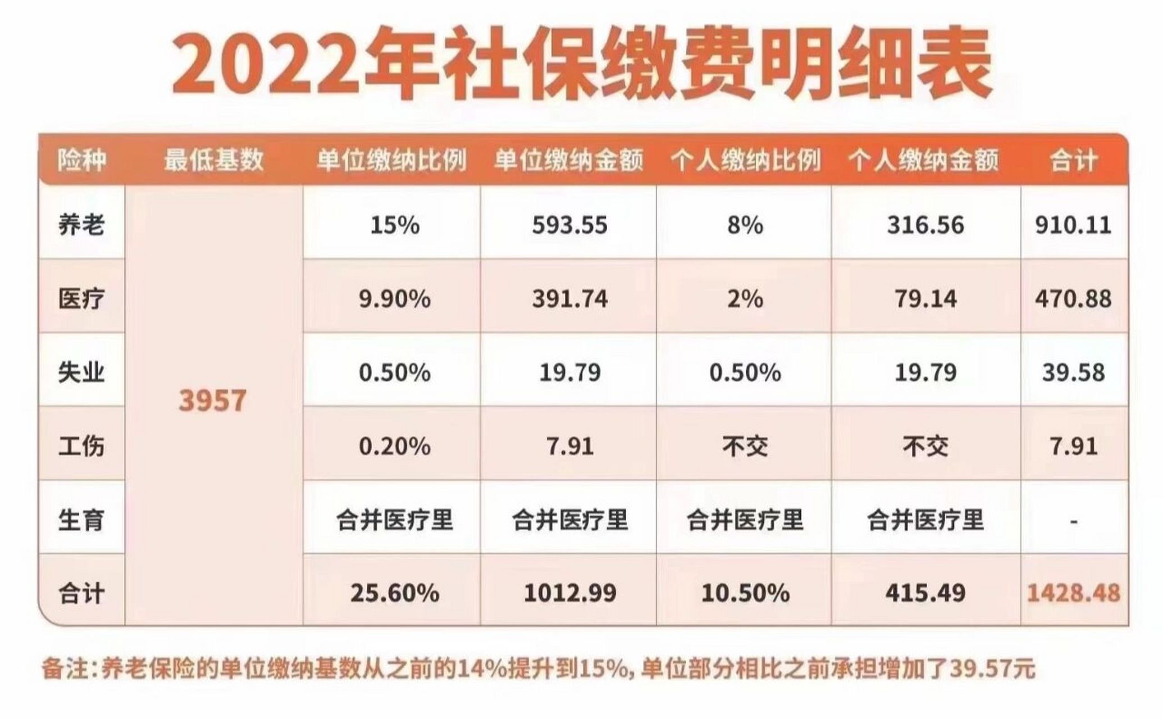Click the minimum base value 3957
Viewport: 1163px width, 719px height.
(212, 401)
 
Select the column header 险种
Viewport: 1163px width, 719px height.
(81, 160)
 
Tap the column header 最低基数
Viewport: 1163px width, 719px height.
(213, 160)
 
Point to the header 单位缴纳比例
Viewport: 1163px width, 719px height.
(391, 160)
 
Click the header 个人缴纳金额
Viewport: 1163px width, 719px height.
(924, 160)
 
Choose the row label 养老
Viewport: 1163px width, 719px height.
(81, 225)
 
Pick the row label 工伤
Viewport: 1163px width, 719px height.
(81, 447)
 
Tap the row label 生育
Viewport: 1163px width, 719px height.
(81, 520)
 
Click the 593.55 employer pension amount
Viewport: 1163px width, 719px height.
(569, 225)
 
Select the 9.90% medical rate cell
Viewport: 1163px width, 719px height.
(395, 299)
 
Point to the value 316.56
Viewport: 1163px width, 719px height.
(925, 225)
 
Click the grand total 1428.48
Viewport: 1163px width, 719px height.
(1073, 593)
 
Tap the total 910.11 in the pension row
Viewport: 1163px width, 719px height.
(1073, 225)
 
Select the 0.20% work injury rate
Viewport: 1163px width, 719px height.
(395, 447)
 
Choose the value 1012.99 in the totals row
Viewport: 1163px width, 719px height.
(569, 593)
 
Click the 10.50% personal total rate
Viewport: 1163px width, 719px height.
(745, 593)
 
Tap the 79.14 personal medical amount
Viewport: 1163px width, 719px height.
(925, 299)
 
